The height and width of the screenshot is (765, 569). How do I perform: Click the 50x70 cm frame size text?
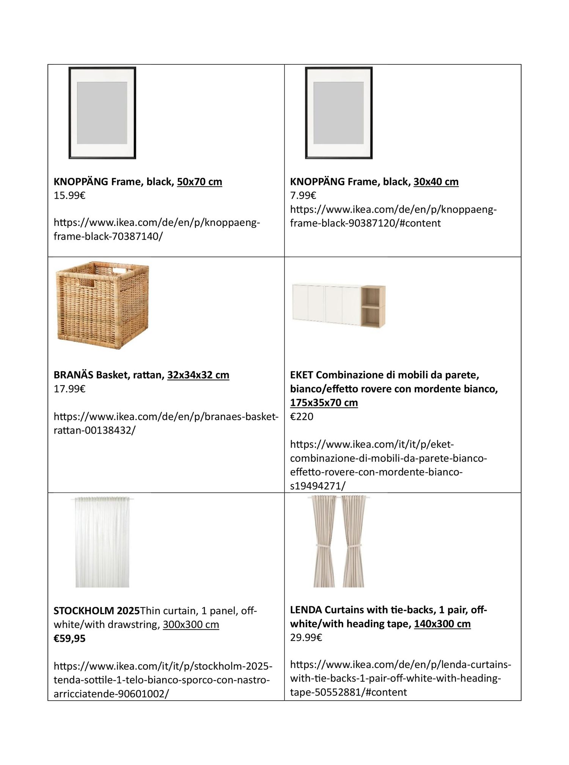tap(199, 182)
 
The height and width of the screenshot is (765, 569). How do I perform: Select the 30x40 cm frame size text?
tap(436, 182)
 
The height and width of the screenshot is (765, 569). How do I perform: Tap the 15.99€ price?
tap(69, 196)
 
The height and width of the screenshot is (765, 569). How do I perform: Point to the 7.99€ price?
tap(303, 196)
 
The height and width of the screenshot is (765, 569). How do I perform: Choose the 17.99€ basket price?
tap(69, 389)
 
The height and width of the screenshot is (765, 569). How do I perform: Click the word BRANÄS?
tap(73, 375)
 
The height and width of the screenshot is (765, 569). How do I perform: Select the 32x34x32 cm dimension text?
tap(198, 375)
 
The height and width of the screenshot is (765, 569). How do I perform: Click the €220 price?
tap(302, 417)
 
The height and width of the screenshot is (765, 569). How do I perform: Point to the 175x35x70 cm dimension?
tap(324, 403)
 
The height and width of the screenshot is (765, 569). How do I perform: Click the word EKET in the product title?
tap(301, 375)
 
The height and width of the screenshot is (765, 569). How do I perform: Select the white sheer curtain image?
tap(102, 542)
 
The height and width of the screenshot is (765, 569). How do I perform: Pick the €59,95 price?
tap(69, 638)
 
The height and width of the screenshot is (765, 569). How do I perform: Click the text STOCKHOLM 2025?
tap(97, 611)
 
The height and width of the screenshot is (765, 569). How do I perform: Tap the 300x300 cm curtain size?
tap(191, 624)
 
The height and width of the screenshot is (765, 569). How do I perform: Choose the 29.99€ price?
tap(306, 638)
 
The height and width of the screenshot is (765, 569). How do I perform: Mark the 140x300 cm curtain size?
tap(442, 624)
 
